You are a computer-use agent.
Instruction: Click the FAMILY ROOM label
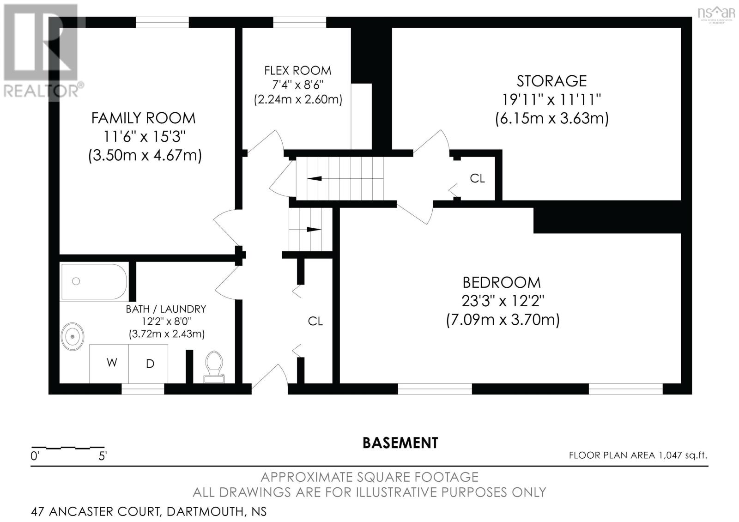tap(143, 118)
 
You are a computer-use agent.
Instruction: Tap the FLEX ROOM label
tap(297, 71)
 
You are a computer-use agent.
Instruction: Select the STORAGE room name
tap(551, 81)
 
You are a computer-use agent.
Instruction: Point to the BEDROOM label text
tap(501, 282)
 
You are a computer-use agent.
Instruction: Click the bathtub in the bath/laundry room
tap(94, 281)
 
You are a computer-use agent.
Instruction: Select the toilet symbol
tap(214, 366)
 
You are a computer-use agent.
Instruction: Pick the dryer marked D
tap(149, 364)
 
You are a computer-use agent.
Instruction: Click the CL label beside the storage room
tap(477, 178)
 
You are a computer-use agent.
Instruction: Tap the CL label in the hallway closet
tap(315, 321)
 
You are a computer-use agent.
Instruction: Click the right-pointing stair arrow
tap(314, 229)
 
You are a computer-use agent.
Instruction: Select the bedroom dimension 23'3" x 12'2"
tap(503, 301)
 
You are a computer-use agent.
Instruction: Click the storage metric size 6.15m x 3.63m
tap(551, 119)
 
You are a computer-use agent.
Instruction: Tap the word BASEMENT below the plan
tap(400, 443)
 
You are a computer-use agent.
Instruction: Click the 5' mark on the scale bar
tap(103, 456)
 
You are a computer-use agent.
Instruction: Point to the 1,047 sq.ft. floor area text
tap(681, 455)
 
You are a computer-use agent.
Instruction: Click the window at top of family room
tap(162, 22)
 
